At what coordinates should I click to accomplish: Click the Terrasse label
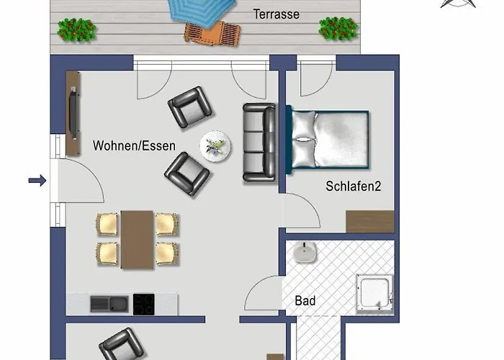pos(276,14)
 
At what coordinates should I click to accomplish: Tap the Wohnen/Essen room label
pos(134,145)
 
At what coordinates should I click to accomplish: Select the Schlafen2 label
pos(353,186)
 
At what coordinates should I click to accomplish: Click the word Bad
pos(306,300)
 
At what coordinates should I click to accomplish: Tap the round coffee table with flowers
pos(215,146)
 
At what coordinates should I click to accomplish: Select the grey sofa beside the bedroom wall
pos(259,142)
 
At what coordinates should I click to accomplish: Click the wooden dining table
pos(137,239)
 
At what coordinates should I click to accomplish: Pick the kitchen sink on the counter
pos(109,303)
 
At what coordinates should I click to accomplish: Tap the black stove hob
pos(143,304)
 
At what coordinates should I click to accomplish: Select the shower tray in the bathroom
pos(375,294)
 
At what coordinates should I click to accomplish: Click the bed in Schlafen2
pos(329,140)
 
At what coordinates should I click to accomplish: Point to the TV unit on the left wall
pos(73,114)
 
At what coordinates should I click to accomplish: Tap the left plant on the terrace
pos(77,29)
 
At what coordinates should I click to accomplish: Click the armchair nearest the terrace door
pos(190,107)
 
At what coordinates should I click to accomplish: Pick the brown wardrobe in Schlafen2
pos(369,221)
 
